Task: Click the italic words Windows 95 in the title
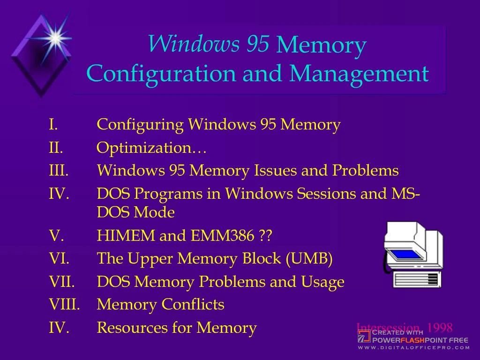[209, 44]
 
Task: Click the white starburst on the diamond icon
[55, 37]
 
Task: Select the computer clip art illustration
[413, 255]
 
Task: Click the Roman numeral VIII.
[64, 305]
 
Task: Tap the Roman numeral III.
[59, 171]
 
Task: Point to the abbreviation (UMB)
[308, 259]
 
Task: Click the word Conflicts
[193, 305]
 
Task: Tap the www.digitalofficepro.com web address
[414, 348]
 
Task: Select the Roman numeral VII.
[62, 282]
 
